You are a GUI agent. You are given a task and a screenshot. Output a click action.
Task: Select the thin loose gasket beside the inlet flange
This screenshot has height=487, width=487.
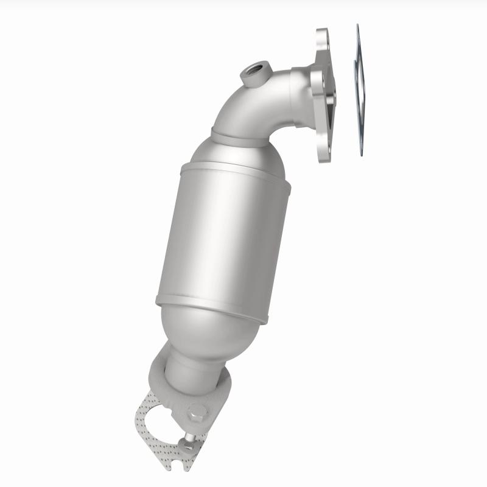click(x=359, y=91)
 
